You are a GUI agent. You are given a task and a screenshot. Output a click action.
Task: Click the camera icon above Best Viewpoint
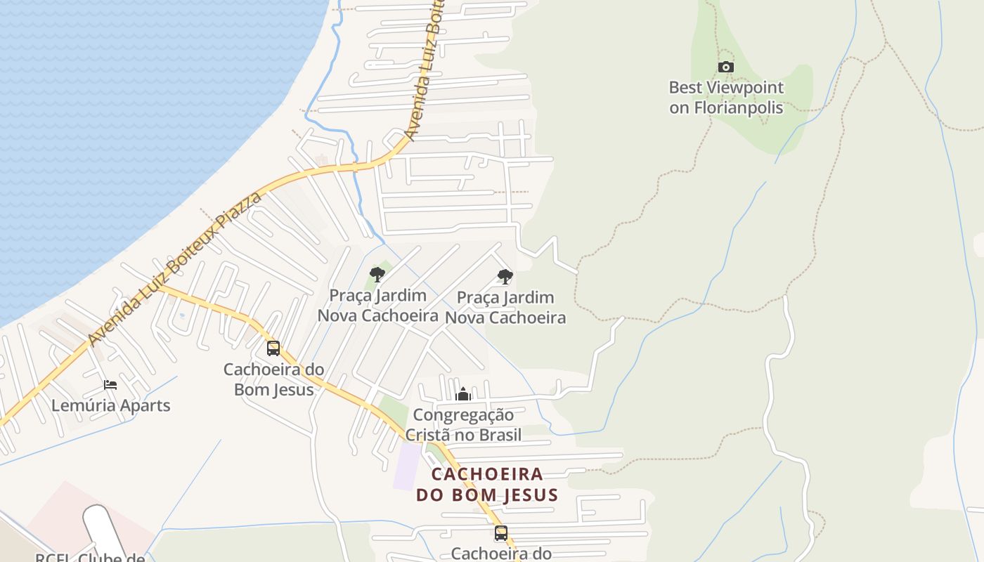pyautogui.click(x=726, y=67)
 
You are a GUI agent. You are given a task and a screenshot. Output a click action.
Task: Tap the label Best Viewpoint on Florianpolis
pyautogui.click(x=726, y=98)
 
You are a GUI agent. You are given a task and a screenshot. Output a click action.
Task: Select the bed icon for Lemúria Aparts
pyautogui.click(x=110, y=384)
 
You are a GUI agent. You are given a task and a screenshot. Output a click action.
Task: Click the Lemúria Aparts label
pyautogui.click(x=110, y=405)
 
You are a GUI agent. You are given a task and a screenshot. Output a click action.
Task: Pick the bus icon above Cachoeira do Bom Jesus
pyautogui.click(x=273, y=348)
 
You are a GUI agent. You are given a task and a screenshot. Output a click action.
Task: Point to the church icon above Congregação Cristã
pyautogui.click(x=462, y=394)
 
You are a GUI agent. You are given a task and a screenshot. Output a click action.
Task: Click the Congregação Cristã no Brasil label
pyautogui.click(x=463, y=425)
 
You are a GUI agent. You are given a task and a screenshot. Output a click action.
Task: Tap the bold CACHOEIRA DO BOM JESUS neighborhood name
pyautogui.click(x=487, y=484)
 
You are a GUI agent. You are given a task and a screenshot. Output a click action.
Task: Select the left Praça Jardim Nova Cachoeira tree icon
pyautogui.click(x=377, y=274)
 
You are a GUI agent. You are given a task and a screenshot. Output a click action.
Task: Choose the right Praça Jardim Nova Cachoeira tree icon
pyautogui.click(x=505, y=276)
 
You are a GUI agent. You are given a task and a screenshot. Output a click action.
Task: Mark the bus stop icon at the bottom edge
pyautogui.click(x=500, y=533)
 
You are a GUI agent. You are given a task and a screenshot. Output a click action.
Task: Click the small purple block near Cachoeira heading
pyautogui.click(x=406, y=466)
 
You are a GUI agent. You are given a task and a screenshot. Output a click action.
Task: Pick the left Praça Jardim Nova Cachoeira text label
pyautogui.click(x=378, y=306)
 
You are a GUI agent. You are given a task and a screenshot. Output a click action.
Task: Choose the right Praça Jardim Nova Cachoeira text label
pyautogui.click(x=505, y=308)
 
